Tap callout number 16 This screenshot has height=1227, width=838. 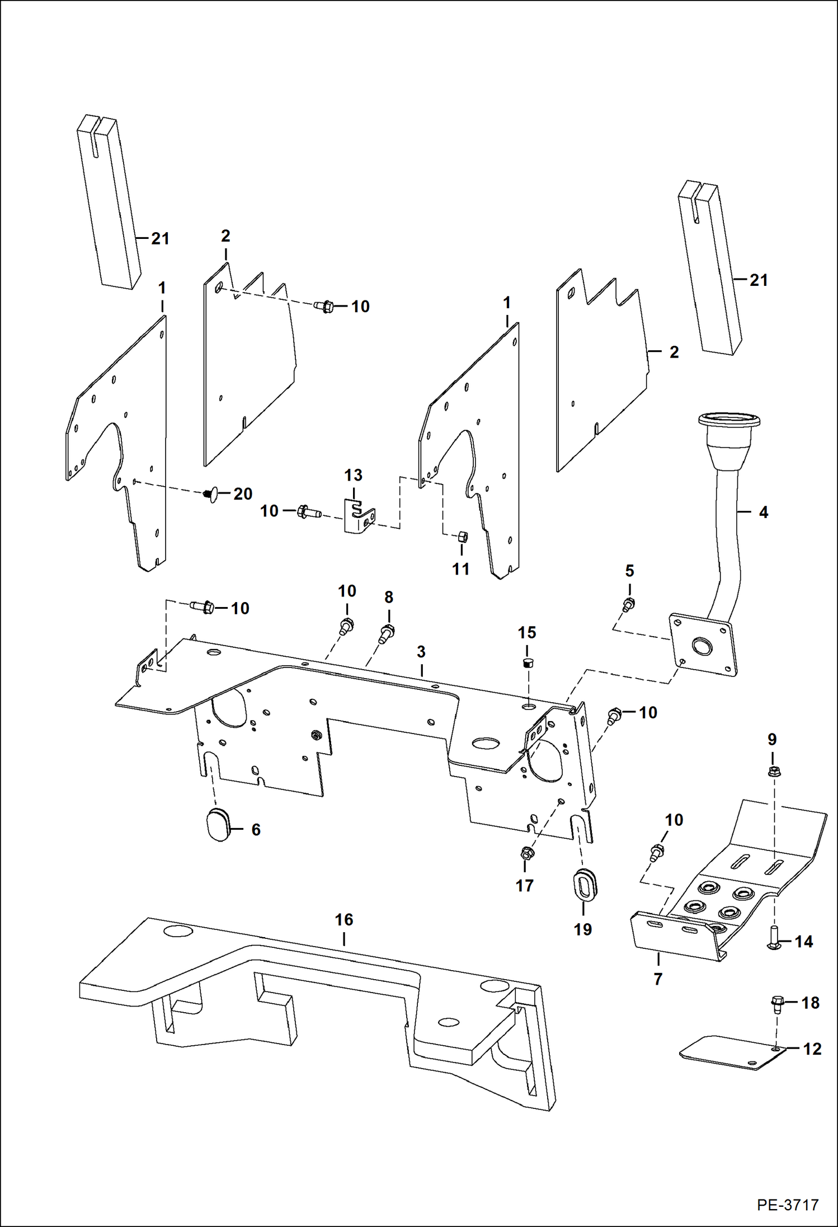(x=343, y=919)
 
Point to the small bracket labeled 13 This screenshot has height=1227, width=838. (x=359, y=515)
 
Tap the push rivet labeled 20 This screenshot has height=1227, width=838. (x=211, y=495)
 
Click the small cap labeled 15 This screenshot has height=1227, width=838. (x=527, y=664)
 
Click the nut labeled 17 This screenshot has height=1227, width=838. (x=526, y=854)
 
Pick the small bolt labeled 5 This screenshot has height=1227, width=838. (x=629, y=604)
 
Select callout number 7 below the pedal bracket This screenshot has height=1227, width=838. (x=658, y=979)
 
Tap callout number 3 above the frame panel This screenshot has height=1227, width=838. (x=421, y=652)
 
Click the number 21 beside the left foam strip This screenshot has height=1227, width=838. (x=161, y=239)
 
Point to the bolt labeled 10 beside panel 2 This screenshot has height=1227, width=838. (x=324, y=307)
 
